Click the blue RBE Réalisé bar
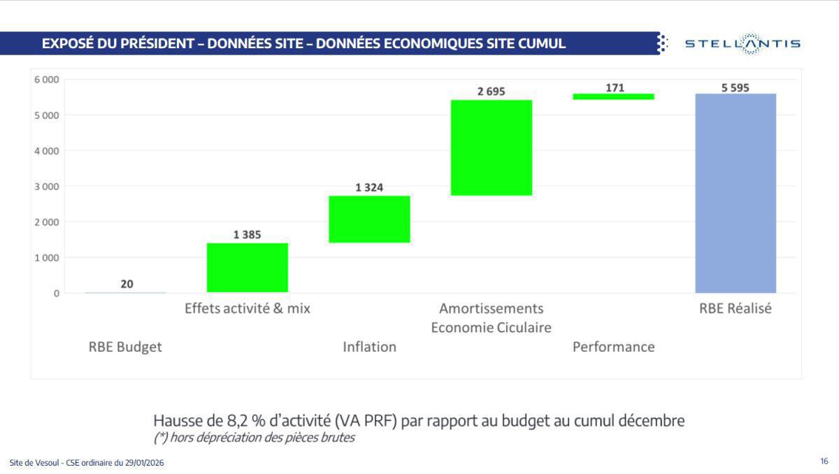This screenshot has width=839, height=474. coord(735,193)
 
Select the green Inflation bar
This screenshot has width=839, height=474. coord(369,219)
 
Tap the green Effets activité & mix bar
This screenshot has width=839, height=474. coord(248,267)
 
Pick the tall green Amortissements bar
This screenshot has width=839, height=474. coord(491,148)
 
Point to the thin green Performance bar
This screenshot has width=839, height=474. coord(613,96)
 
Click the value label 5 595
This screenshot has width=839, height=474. coord(735,88)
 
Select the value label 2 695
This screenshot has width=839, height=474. coord(491,92)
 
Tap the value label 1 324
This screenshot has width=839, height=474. coord(369,187)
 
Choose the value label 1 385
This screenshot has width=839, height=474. coord(248,235)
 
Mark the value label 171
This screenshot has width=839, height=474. coord(615,88)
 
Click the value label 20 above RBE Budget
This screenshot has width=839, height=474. coord(127,284)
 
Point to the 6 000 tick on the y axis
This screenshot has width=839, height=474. coord(47,80)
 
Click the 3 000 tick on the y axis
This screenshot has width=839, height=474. coord(47,187)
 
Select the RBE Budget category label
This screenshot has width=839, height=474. coord(125,347)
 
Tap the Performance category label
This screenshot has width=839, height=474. coord(613,347)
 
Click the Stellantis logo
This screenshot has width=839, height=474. coord(742,44)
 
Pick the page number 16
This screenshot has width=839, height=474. coord(824,461)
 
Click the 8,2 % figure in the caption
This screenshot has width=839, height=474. coord(243,421)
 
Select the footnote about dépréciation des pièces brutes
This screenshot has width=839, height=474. coord(254,438)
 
